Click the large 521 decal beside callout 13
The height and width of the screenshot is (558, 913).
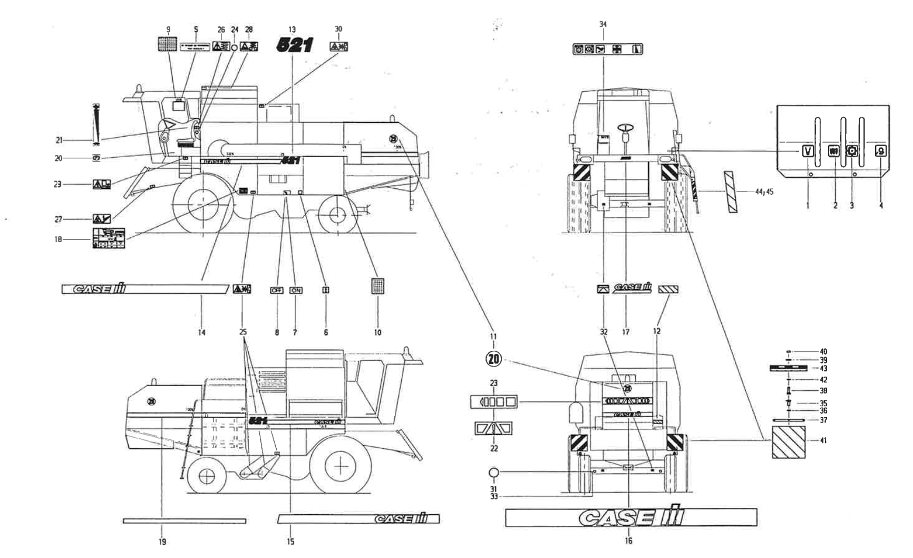[x=294, y=45]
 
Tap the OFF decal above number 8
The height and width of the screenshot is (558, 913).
[x=276, y=290]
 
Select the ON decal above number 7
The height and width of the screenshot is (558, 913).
[x=296, y=290]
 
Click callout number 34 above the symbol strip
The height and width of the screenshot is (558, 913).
[x=603, y=24]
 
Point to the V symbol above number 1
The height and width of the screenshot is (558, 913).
[x=808, y=151]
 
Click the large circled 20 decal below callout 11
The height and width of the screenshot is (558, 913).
[x=493, y=359]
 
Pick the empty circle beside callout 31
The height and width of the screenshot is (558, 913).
[x=494, y=473]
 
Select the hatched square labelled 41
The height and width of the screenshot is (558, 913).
[x=789, y=442]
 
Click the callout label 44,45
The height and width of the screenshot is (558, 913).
[x=763, y=192]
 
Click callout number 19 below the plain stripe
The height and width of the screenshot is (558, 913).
[x=162, y=541]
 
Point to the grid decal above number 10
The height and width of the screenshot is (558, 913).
[x=377, y=286]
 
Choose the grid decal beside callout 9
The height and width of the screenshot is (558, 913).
[x=167, y=44]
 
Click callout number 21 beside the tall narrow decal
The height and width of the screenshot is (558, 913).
[x=59, y=140]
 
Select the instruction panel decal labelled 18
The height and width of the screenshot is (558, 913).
[x=109, y=238]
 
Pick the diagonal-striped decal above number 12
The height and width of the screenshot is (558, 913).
[x=668, y=289]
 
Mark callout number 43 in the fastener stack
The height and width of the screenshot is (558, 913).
[x=823, y=369]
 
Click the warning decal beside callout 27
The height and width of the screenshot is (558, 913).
[x=102, y=218]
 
